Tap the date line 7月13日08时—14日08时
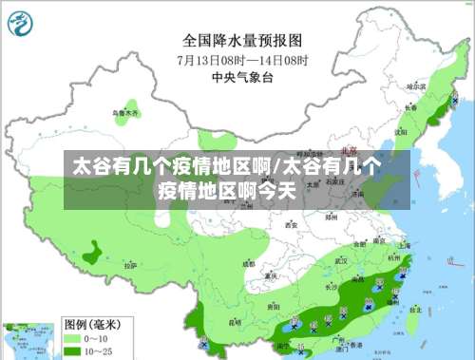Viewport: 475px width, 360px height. [241, 59]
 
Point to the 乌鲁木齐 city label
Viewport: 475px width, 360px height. [125, 112]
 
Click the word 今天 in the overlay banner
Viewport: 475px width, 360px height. [277, 189]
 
